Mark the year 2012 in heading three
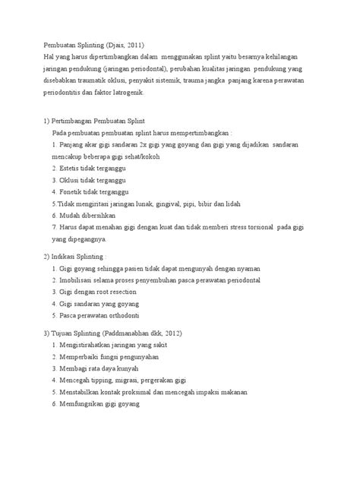click(x=176, y=333)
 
